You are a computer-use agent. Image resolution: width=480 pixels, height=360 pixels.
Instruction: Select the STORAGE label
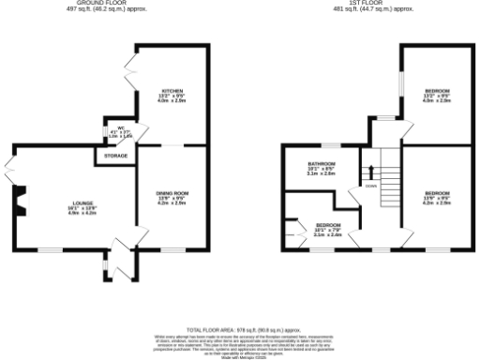116,155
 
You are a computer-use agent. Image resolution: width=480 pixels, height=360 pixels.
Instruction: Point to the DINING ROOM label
172,197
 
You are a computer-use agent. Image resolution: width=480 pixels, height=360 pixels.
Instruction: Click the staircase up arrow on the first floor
372,172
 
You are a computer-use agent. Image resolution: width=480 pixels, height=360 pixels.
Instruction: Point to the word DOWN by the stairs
371,186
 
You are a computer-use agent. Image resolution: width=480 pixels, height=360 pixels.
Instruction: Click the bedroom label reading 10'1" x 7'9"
327,229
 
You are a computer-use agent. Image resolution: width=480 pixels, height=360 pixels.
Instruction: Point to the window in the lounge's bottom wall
52,249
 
